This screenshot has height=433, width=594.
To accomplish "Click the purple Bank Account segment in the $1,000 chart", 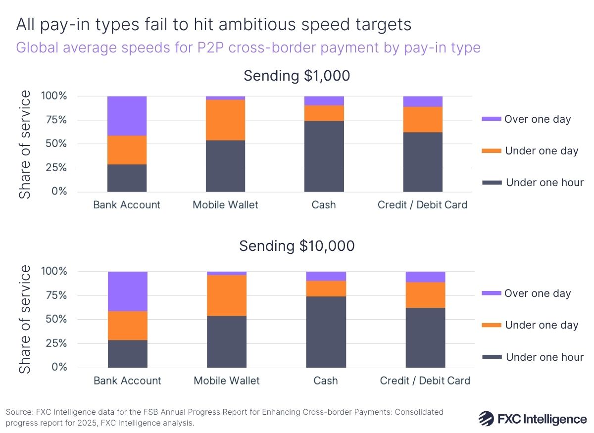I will [x=127, y=116].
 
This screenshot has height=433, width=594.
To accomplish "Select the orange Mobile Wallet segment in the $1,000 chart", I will [x=225, y=120].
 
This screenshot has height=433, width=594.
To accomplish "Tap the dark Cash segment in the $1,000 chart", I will [x=324, y=156].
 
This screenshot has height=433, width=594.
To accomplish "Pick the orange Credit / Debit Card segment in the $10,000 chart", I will [x=425, y=295].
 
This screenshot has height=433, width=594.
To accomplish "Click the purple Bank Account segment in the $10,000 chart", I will [x=128, y=291].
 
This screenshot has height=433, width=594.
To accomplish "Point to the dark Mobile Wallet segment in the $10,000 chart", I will [x=227, y=341].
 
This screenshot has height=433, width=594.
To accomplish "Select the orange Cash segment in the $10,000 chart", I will [x=326, y=289].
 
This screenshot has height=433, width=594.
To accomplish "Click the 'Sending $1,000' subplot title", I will [x=297, y=76].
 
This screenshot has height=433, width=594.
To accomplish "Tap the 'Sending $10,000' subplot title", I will [x=297, y=246].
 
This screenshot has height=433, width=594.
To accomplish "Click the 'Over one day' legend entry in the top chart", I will [x=537, y=119].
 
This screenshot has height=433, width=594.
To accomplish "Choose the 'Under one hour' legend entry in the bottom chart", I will [x=544, y=357].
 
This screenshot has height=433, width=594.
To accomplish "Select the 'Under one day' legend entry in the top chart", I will [x=542, y=151].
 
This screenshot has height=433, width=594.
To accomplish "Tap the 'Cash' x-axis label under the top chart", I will [x=324, y=204].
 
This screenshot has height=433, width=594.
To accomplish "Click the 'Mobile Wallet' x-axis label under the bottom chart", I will [x=227, y=381].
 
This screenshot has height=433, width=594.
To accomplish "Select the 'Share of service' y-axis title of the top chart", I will [x=25, y=144].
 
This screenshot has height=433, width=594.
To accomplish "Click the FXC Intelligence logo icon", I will [x=488, y=418].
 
